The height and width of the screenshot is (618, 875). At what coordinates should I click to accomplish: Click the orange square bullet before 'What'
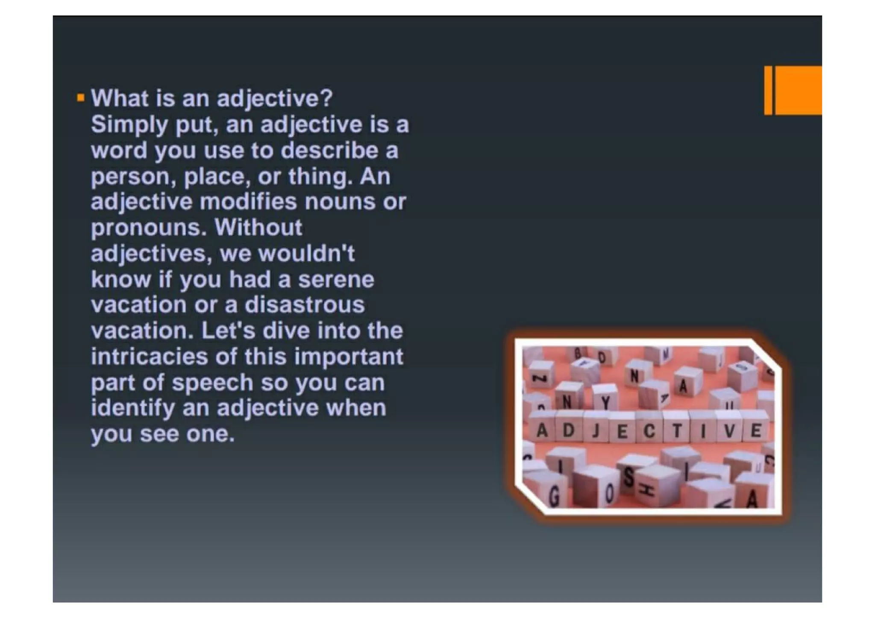coord(80,98)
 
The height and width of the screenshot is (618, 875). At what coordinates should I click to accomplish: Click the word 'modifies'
coord(248,202)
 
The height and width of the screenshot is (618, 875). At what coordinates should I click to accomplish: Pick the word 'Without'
coord(258,227)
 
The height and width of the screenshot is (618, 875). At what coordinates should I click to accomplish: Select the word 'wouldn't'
coord(306,253)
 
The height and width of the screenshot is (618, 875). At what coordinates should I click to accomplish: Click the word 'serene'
coord(336,279)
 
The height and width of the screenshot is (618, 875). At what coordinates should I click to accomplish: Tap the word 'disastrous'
coord(305,305)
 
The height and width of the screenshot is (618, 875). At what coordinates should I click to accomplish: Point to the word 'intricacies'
coord(150,357)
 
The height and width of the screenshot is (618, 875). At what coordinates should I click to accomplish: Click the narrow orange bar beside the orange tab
coord(768,90)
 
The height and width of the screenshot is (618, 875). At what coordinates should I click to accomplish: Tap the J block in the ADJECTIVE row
coord(596,431)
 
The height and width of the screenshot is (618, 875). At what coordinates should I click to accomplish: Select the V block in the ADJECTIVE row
coord(729,431)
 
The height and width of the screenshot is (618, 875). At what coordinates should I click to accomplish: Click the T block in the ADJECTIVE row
coord(676,431)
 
